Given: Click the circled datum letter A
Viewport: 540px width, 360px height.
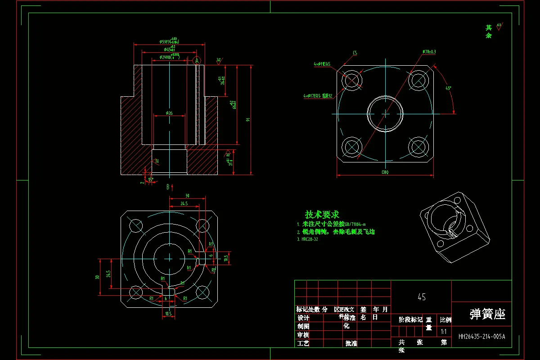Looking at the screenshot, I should [197, 60].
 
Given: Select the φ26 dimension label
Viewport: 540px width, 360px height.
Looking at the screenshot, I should [169, 113].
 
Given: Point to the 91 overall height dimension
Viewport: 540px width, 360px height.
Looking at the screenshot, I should [247, 120].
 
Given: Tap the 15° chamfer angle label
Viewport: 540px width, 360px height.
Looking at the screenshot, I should [151, 179].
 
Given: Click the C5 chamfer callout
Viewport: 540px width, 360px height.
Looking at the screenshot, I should [355, 53].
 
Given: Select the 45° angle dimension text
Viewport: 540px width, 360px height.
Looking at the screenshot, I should [448, 89].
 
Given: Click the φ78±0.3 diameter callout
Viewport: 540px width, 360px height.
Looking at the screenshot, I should [429, 52].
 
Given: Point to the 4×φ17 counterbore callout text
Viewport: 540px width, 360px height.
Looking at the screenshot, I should [317, 96].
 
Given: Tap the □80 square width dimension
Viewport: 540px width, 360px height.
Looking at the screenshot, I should [385, 172].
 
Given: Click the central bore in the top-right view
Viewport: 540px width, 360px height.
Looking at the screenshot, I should [385, 113].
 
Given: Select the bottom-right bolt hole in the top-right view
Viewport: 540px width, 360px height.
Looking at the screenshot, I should [418, 146].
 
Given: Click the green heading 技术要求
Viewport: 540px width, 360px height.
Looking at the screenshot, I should [322, 215].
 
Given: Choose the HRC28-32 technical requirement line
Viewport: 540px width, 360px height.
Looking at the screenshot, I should [307, 239].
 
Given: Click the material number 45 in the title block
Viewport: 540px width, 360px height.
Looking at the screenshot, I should [422, 297].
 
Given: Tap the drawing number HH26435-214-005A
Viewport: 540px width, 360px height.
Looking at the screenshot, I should [481, 336].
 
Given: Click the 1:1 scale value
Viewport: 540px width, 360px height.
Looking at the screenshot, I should [444, 332].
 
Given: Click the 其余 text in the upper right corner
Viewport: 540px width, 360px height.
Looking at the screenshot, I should [489, 31].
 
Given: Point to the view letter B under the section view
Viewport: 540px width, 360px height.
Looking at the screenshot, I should [167, 187].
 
